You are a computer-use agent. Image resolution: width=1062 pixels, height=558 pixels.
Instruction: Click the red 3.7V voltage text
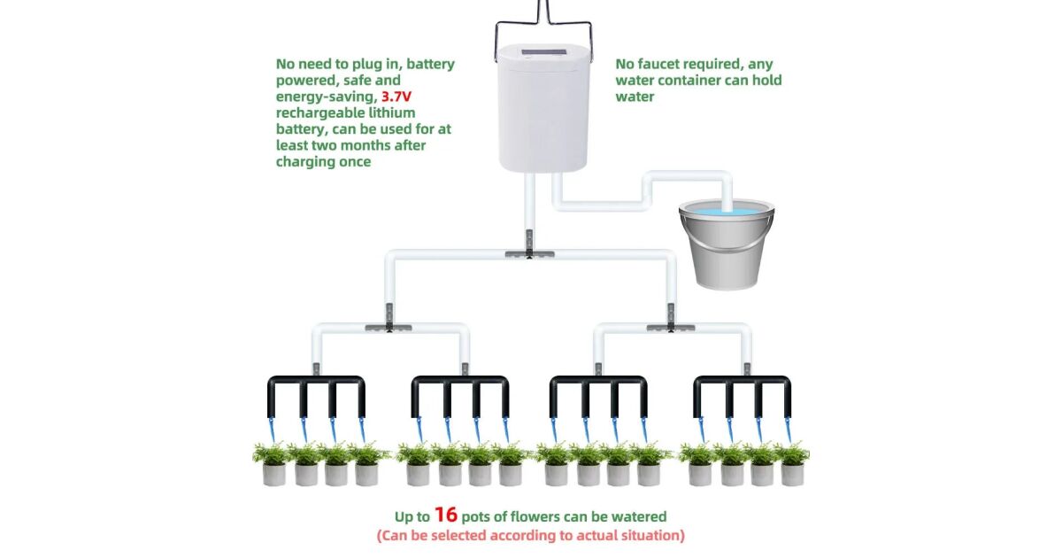coord(396,97)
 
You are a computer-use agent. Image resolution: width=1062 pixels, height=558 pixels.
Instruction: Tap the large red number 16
coord(446,515)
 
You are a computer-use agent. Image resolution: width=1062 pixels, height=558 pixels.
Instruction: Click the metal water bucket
coord(727,244)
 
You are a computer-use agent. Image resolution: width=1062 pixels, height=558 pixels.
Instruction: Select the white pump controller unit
coord(543,108)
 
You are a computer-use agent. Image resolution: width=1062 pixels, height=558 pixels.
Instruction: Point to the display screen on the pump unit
coord(543,51)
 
